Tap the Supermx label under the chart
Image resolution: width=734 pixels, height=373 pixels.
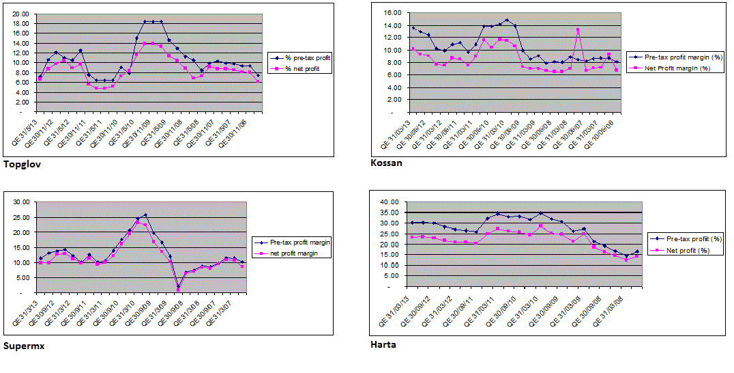pyautogui.click(x=24, y=346)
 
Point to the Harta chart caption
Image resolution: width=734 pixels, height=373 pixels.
pyautogui.click(x=383, y=344)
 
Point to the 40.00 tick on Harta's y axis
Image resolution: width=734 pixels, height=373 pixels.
pyautogui.click(x=387, y=202)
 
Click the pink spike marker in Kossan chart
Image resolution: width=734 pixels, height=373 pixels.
pyautogui.click(x=578, y=30)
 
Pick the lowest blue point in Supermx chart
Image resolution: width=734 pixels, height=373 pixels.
pyautogui.click(x=178, y=287)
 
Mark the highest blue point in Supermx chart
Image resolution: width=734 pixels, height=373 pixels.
pyautogui.click(x=145, y=215)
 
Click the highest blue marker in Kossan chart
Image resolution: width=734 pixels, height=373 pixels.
pyautogui.click(x=506, y=20)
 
